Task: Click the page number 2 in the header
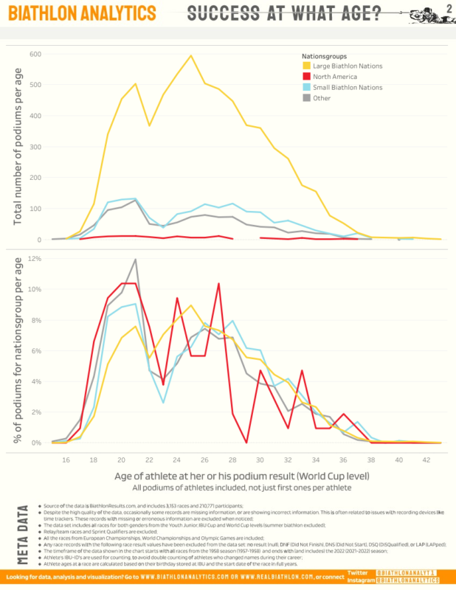[x=448, y=8]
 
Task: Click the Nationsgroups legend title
[x=325, y=56]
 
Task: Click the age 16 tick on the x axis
[x=66, y=459]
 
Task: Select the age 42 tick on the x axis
[x=427, y=459]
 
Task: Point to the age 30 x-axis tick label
[x=260, y=459]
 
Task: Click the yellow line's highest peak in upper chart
[x=191, y=55]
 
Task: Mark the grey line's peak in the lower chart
[x=136, y=260]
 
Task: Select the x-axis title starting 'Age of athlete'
[x=241, y=477]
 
